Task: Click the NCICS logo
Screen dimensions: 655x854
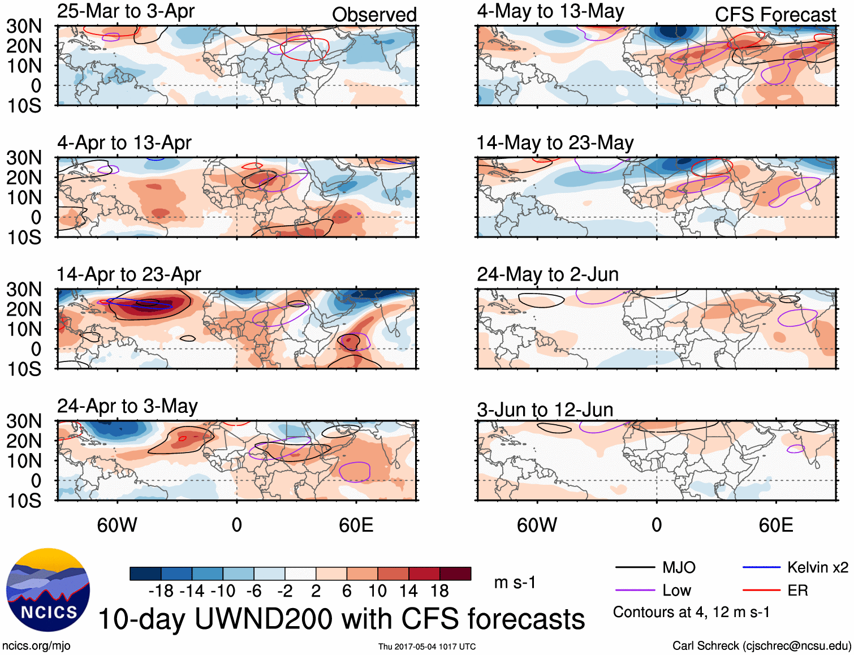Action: click(48, 590)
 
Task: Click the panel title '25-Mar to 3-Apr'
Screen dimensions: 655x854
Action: click(126, 11)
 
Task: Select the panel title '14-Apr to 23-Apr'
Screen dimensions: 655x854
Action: click(128, 275)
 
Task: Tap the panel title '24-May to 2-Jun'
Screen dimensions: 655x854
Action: click(547, 275)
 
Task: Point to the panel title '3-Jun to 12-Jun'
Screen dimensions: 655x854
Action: click(545, 410)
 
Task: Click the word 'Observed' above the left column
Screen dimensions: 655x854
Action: click(374, 15)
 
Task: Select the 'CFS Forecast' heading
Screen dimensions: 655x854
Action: click(775, 15)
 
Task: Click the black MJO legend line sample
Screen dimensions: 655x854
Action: click(635, 567)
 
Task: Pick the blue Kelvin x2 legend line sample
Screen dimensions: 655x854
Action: click(761, 567)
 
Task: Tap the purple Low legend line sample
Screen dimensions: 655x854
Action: click(635, 591)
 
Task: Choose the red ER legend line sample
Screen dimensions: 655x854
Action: click(761, 591)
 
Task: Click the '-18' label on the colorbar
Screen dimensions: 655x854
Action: click(161, 591)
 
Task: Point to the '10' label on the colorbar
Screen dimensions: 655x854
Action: click(377, 591)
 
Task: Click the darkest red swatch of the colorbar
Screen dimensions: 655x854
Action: click(455, 574)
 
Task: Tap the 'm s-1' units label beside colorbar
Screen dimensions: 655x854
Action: click(515, 583)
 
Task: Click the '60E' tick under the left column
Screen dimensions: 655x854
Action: click(356, 525)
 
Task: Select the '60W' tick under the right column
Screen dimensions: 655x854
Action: click(537, 525)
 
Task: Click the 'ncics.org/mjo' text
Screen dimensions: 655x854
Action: click(36, 646)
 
